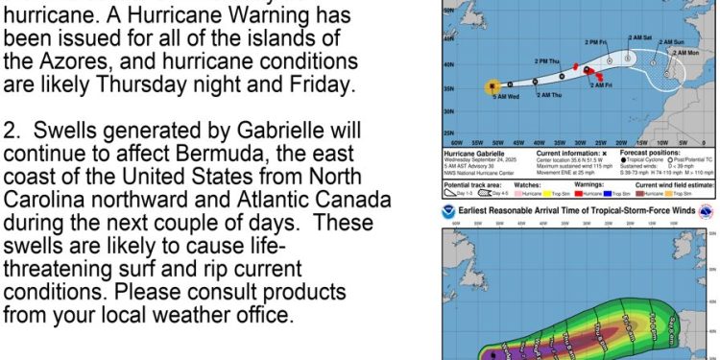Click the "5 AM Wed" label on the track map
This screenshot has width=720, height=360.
point(507,97)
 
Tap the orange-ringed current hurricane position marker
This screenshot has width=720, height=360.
point(492,85)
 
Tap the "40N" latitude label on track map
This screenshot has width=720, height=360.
point(446,64)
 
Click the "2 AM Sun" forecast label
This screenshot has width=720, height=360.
point(672,42)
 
